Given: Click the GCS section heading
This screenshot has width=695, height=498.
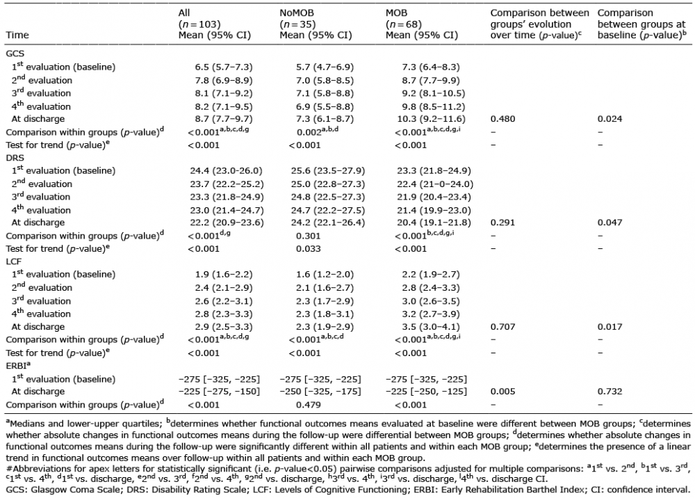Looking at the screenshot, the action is pos(15,54).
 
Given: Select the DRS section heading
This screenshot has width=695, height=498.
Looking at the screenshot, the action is pos(15,158).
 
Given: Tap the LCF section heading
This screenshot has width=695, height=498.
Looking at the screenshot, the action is pos(14,262).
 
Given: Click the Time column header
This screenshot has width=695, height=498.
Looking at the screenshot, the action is pos(17,35).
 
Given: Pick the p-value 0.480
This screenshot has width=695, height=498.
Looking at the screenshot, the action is pos(502,119).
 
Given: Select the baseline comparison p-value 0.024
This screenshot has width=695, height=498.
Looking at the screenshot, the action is pos(610,119).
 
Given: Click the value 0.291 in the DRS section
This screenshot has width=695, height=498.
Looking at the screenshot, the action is pos(502,223).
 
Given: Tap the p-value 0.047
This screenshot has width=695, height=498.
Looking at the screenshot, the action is pos(610,223).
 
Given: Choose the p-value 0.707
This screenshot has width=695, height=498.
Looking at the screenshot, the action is pos(502,327).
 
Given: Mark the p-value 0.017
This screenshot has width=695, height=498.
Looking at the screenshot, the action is pos(610,327).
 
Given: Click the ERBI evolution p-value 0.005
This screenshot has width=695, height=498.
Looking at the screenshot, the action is pos(502,392).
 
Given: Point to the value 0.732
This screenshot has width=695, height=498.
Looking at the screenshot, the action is pos(610,392).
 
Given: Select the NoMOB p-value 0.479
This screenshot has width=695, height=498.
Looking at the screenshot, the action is pos(309,405).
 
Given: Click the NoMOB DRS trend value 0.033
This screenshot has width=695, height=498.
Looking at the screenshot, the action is pos(309,249).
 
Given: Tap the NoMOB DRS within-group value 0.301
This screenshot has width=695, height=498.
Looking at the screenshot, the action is pos(309,236).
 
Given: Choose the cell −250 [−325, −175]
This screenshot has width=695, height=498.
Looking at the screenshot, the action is pos(320,392).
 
